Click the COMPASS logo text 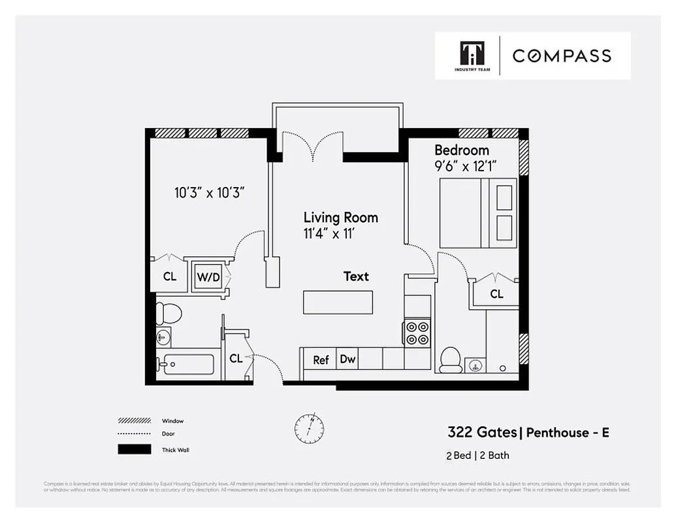point(562,56)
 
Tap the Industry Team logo point(467,56)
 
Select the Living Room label point(340,217)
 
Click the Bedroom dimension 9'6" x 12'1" point(467,166)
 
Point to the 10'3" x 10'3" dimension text point(209,193)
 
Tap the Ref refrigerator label point(321,360)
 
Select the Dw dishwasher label point(347,359)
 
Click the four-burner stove point(417,332)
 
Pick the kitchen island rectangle point(338,302)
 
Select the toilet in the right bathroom point(451,360)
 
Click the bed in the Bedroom point(478,213)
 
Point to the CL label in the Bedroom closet point(496,294)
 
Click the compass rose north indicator point(309,428)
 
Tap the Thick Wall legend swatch point(134,450)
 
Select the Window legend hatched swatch point(134,421)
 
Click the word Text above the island point(356,277)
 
